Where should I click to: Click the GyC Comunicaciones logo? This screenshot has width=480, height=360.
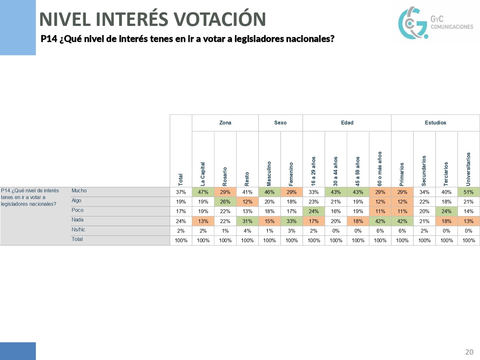tap(435, 23)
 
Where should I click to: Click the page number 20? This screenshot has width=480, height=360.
tap(469, 352)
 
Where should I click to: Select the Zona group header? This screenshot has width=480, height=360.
tap(225, 123)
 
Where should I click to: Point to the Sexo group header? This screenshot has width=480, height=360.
tap(280, 123)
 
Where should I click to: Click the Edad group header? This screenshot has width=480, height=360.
tap(347, 123)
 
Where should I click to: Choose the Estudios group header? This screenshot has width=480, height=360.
tap(435, 123)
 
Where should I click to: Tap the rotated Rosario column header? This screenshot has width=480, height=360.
tap(225, 176)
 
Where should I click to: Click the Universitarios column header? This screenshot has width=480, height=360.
tap(468, 169)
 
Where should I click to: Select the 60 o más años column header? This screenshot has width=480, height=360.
tap(380, 169)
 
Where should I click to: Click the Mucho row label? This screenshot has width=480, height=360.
tap(79, 191)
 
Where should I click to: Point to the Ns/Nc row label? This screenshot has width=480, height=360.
tap(78, 229)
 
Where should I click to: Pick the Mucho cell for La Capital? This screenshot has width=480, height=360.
tap(203, 192)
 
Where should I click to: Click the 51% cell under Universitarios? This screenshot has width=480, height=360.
tap(468, 192)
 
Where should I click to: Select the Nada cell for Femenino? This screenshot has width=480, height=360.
tap(292, 221)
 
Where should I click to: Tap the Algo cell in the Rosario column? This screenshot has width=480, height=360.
tap(225, 202)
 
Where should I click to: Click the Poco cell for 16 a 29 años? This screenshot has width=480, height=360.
tap(314, 211)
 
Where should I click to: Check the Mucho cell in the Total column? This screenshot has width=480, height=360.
tap(181, 192)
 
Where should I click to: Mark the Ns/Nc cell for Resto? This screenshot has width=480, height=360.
tap(247, 231)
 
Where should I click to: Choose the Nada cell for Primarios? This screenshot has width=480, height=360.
tap(402, 221)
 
